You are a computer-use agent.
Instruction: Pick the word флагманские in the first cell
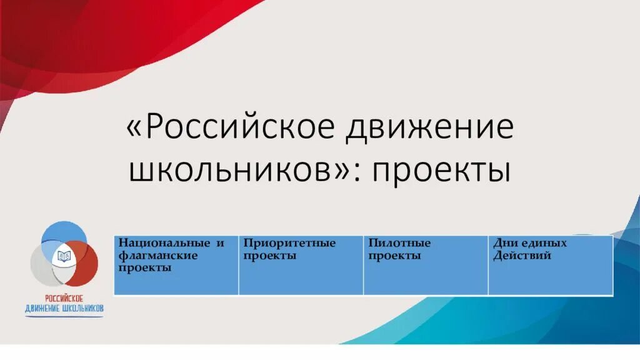(158, 256)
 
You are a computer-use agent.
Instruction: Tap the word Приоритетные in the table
(289, 243)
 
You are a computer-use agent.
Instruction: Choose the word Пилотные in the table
(399, 243)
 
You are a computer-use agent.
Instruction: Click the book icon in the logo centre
(64, 256)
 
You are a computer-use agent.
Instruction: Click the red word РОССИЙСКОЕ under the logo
(64, 299)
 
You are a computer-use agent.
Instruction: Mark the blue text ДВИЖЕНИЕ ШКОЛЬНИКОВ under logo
(64, 309)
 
